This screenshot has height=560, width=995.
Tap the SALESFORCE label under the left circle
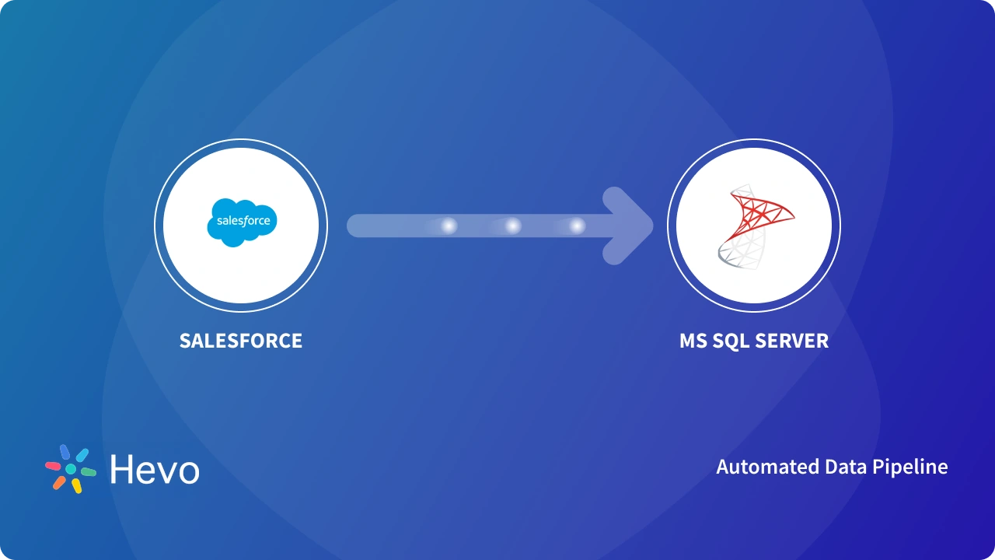pyautogui.click(x=241, y=341)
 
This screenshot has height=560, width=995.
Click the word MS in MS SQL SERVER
pyautogui.click(x=693, y=341)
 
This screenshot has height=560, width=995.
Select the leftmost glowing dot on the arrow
pyautogui.click(x=449, y=226)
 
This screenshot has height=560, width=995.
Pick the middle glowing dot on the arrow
pyautogui.click(x=513, y=226)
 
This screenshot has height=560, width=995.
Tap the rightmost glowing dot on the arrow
pyautogui.click(x=577, y=226)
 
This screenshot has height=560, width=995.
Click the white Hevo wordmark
pyautogui.click(x=155, y=470)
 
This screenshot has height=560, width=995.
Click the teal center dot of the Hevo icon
pyautogui.click(x=71, y=469)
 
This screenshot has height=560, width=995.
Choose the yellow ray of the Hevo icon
pyautogui.click(x=77, y=486)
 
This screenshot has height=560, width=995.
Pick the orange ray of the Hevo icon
pyautogui.click(x=59, y=482)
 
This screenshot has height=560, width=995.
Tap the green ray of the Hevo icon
pyautogui.click(x=89, y=471)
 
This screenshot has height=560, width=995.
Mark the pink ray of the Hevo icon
pyautogui.click(x=53, y=466)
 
